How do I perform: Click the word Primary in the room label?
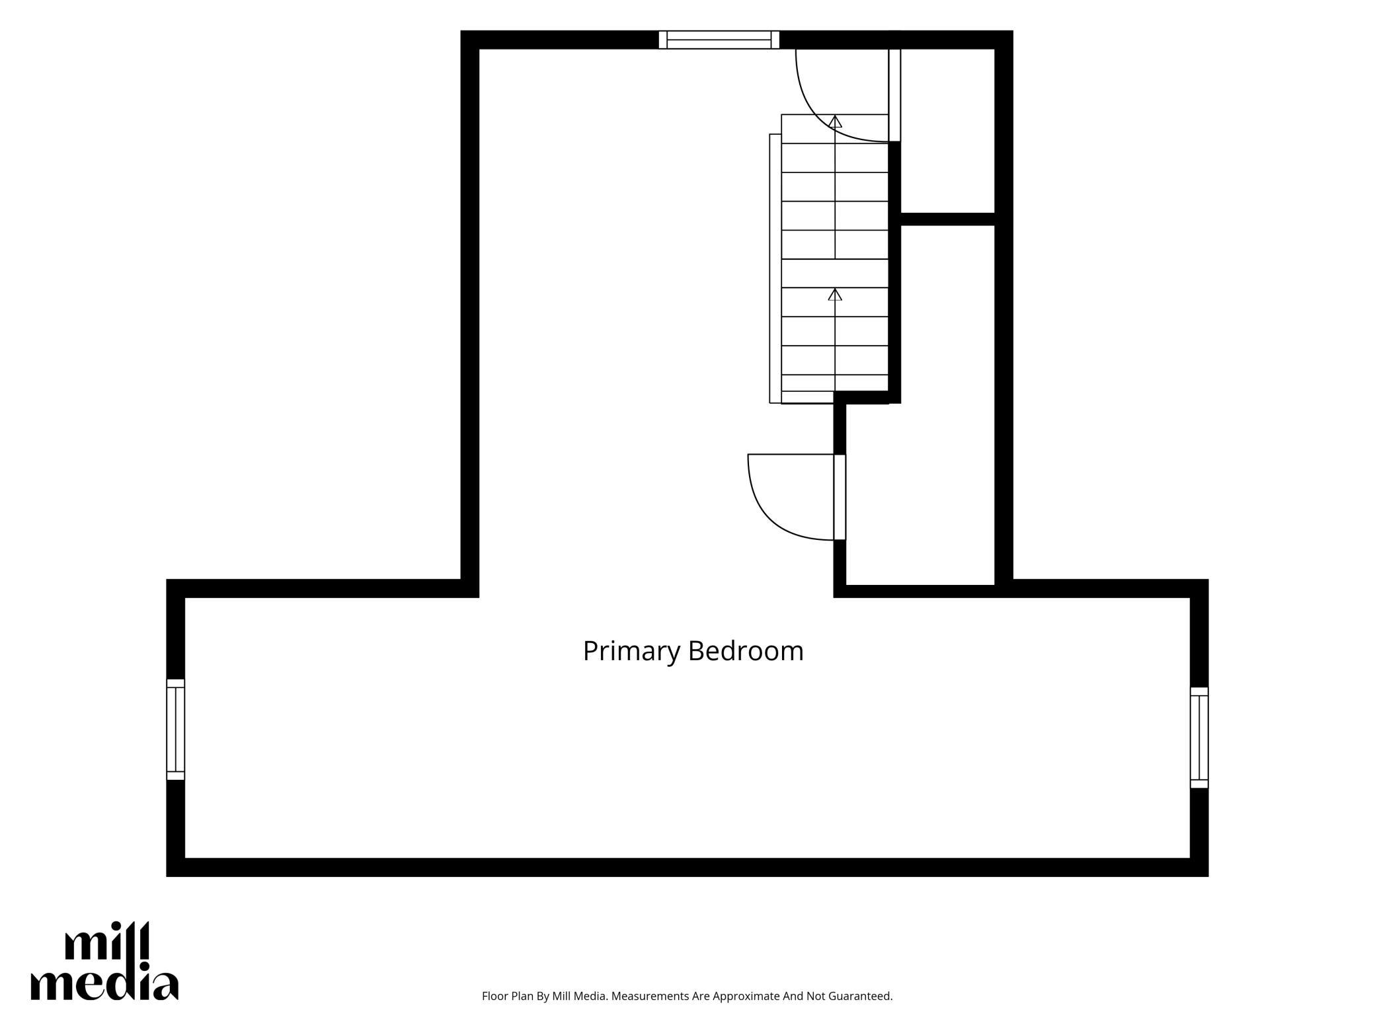[631, 652]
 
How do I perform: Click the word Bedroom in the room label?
[746, 650]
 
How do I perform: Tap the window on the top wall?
[719, 40]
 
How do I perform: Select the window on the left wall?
[175, 730]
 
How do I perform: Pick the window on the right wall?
[1199, 738]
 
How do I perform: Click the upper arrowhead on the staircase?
[835, 122]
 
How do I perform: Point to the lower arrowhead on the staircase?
[835, 295]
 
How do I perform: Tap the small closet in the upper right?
[948, 131]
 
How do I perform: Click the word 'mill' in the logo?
[108, 941]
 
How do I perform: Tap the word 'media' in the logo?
[104, 985]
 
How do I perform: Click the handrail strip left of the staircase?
[775, 268]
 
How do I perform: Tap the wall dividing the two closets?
[948, 219]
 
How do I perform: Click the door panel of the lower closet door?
[840, 497]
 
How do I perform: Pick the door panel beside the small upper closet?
[894, 95]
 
